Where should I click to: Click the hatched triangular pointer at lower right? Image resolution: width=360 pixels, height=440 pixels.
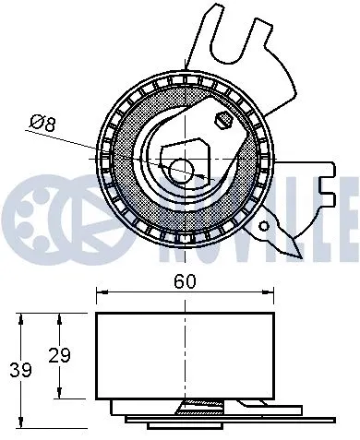click(282, 232)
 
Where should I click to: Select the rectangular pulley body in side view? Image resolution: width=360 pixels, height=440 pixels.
click(185, 355)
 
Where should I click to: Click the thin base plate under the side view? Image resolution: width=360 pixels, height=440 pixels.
click(231, 422)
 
